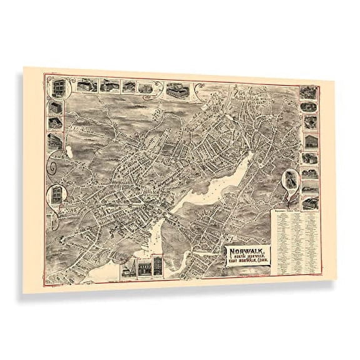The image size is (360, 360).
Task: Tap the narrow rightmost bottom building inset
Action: click(x=159, y=266)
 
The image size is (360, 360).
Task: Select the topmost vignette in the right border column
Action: click(x=307, y=92)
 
